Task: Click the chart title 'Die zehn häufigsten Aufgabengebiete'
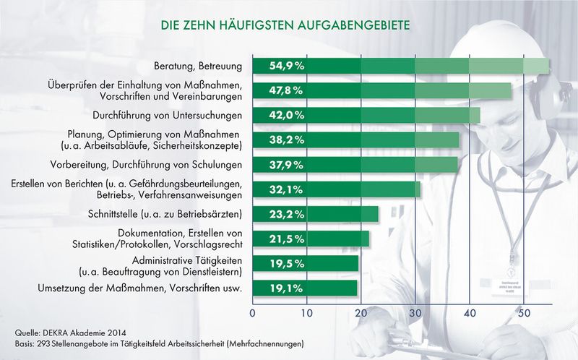(286, 25)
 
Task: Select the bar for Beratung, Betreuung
(400, 66)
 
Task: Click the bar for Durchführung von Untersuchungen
(366, 115)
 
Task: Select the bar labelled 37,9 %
(355, 164)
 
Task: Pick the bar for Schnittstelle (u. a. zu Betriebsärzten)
(315, 214)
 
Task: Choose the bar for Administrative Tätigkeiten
(305, 264)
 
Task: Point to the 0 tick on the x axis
(252, 314)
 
